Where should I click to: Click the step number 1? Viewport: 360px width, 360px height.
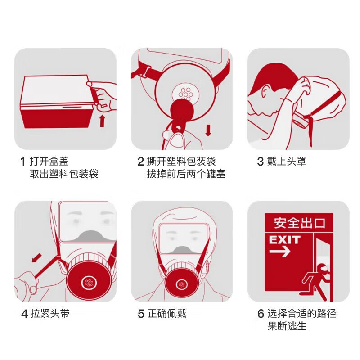[23, 162]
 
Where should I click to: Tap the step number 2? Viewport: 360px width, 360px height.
[140, 162]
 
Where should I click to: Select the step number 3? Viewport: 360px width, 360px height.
[260, 162]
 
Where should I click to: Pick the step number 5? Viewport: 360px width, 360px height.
[141, 314]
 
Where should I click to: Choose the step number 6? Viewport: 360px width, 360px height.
[261, 314]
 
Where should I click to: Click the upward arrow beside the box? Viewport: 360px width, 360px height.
[102, 121]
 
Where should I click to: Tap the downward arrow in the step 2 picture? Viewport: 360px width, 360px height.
[208, 130]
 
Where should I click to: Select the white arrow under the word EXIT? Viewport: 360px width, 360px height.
[279, 252]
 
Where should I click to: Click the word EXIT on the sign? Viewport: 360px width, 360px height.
[284, 239]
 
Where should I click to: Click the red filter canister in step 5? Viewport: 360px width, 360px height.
[182, 285]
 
